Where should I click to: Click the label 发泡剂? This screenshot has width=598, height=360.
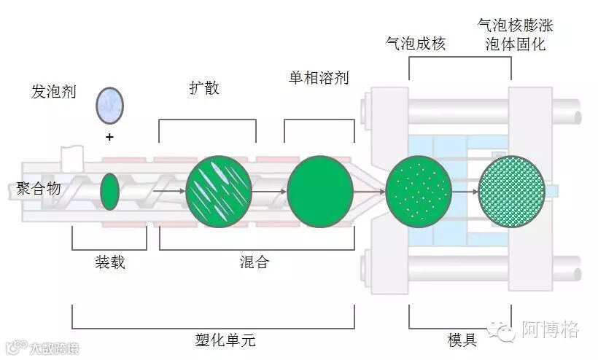[x=53, y=93]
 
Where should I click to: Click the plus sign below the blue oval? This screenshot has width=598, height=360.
[x=109, y=137]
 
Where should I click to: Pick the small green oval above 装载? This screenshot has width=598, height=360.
[x=109, y=192]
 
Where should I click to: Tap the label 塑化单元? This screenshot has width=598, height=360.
[x=226, y=340]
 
